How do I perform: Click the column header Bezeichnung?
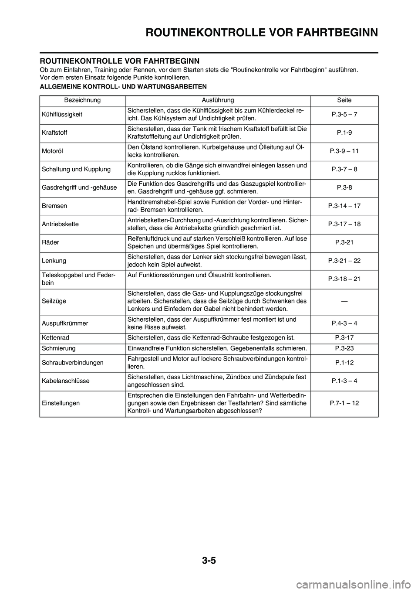coord(82,100)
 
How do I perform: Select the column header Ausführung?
coord(218,100)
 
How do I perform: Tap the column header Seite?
coord(344,100)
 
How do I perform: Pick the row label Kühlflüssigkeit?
coord(62,114)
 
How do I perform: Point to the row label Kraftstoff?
coord(55,133)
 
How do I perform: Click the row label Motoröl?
coord(53,151)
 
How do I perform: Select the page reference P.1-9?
coord(344,133)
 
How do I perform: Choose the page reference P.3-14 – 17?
coord(344,206)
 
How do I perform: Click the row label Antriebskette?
coord(60,224)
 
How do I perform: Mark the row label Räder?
coord(51,242)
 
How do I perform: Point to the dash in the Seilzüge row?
coord(344,301)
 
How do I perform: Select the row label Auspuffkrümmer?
coord(65,323)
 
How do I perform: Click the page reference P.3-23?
coord(344,348)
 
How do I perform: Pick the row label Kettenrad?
coord(55,337)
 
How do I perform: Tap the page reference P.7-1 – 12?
coord(344,403)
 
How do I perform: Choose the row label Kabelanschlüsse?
coord(66,381)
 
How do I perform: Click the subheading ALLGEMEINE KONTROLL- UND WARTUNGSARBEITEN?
coord(123,86)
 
